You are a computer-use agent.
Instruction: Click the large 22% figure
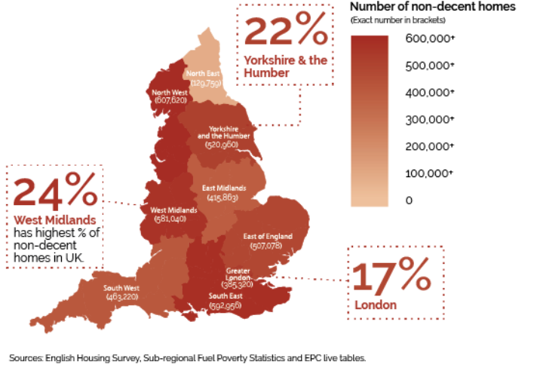(286, 32)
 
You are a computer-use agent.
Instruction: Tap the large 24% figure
(55, 192)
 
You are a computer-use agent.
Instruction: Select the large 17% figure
(391, 278)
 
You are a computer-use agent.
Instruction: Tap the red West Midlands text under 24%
(55, 220)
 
